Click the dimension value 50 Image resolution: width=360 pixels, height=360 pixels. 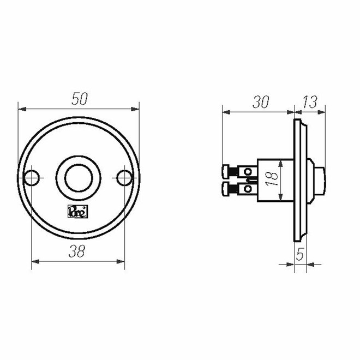coord(80,99)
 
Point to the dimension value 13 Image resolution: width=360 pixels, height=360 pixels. coord(309,102)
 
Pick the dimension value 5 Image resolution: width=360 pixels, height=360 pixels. coord(299,254)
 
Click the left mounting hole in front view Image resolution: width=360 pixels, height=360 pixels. coord(33,177)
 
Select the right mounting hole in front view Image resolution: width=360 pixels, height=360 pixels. coord(125,177)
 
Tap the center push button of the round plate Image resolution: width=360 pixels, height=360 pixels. coord(79,177)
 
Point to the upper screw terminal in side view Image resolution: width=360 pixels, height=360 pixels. coord(232,171)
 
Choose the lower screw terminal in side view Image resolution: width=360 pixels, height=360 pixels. coord(232,189)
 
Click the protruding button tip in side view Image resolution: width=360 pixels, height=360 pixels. coord(321,177)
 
